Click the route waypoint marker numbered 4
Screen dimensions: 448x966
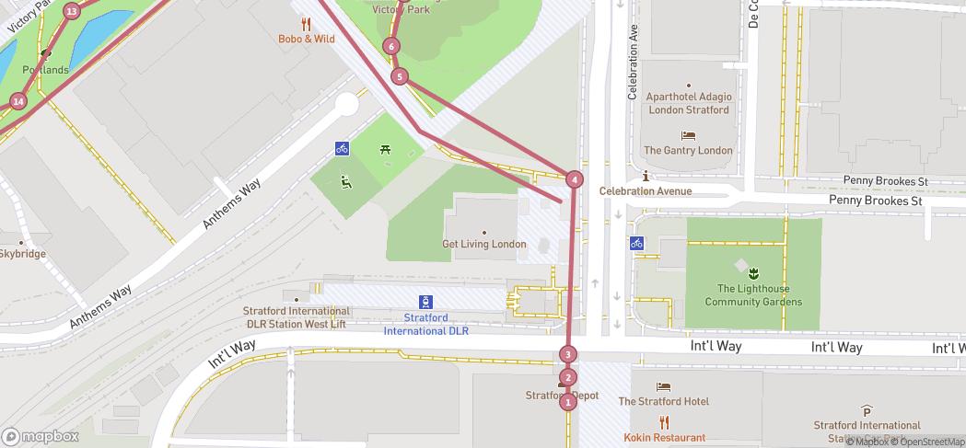(x=575, y=179)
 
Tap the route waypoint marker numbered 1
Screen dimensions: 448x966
(x=567, y=401)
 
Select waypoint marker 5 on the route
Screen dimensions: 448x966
(x=399, y=76)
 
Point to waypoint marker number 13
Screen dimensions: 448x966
(x=72, y=11)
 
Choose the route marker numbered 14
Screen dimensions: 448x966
(x=18, y=101)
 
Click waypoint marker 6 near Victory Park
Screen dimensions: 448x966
(x=392, y=46)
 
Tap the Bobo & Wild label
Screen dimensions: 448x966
(x=307, y=39)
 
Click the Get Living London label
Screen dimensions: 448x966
(x=484, y=244)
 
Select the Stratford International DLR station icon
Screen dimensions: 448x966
(x=426, y=301)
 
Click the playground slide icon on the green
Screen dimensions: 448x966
(x=346, y=183)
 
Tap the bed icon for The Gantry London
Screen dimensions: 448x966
(x=688, y=135)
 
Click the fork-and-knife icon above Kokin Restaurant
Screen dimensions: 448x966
(x=664, y=423)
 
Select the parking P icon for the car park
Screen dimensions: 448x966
(x=866, y=410)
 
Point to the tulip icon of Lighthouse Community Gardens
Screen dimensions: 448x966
(x=753, y=272)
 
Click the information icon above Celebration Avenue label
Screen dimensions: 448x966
(x=646, y=177)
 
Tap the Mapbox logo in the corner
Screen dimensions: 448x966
(x=40, y=436)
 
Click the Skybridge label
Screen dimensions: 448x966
(x=22, y=254)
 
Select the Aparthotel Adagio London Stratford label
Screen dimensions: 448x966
(x=688, y=103)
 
